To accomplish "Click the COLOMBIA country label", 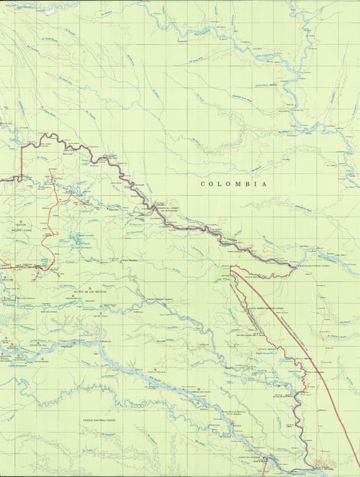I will (234, 183).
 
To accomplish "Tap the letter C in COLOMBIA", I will (202, 183).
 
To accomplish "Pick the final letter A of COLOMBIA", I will (265, 183).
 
